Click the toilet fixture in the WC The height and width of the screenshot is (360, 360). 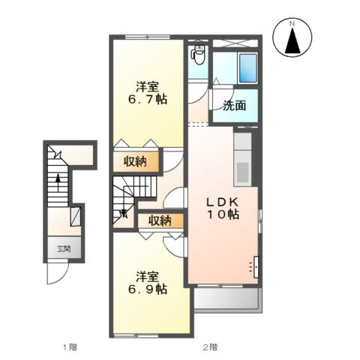point(198,55)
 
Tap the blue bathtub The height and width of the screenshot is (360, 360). point(248,68)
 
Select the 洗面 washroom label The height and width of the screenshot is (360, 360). point(234,106)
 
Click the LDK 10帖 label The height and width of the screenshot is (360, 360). point(223,208)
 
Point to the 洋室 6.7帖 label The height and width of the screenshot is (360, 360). point(148,93)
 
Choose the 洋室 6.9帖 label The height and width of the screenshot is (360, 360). point(148,283)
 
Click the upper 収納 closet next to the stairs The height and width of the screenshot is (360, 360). point(136,162)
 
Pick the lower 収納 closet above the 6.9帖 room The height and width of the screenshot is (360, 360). point(160,220)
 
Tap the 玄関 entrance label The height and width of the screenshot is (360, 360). point(64,249)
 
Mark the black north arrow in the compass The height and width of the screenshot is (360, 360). point(292,40)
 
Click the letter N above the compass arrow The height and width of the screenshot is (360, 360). point(292,24)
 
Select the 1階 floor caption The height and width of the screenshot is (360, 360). point(70,347)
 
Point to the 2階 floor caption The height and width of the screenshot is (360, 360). point(210,347)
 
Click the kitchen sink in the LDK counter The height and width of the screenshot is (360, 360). point(242,172)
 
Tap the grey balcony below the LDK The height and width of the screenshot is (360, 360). point(228,300)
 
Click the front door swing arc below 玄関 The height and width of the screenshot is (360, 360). point(61,275)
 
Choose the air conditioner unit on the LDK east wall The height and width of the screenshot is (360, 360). point(256,267)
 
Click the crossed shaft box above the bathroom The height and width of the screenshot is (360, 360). point(235,43)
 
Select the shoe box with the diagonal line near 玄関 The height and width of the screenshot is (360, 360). point(75,217)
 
